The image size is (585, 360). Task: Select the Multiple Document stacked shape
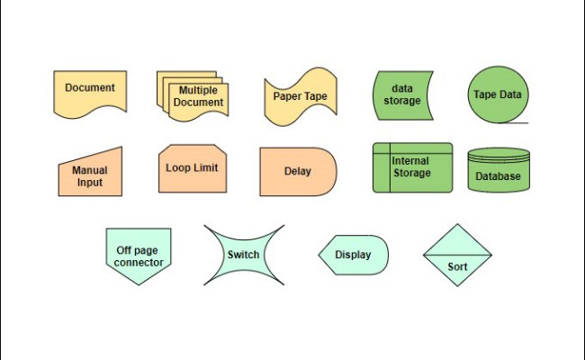click(193, 95)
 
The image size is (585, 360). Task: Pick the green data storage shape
click(401, 95)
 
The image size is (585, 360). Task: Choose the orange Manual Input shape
click(90, 175)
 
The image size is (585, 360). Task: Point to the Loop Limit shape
click(192, 167)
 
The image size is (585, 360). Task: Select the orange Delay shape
click(298, 171)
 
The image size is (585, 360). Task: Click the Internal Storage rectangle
click(412, 167)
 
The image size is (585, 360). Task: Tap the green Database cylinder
click(499, 171)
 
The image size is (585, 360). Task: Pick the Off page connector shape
click(139, 255)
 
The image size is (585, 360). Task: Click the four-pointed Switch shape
click(243, 255)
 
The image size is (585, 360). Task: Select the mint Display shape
click(353, 255)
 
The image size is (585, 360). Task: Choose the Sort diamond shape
click(457, 255)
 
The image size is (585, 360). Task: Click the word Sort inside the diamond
click(457, 266)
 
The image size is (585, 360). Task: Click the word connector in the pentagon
click(139, 263)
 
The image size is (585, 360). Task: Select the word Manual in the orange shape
click(90, 169)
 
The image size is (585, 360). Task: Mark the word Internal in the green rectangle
click(410, 161)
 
